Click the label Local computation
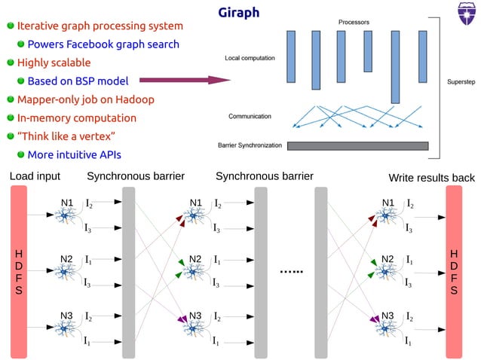tap(250, 58)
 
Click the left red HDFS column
tap(20, 271)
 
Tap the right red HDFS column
tap(455, 271)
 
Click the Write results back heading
tap(431, 178)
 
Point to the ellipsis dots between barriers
tap(290, 271)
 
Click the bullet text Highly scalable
tap(54, 63)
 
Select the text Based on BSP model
tap(78, 81)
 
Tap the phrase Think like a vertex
tap(66, 136)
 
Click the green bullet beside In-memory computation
tap(11, 118)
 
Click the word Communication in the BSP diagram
tap(251, 116)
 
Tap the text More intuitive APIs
tap(74, 155)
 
